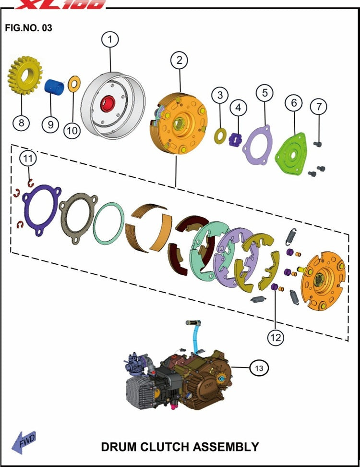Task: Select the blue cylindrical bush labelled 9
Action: click(55, 86)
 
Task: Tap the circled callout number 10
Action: click(72, 131)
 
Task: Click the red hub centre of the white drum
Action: click(108, 104)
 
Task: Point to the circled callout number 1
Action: click(110, 39)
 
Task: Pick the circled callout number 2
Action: click(179, 60)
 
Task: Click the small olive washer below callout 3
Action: click(220, 136)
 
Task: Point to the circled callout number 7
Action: click(319, 106)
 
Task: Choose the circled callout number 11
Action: click(28, 158)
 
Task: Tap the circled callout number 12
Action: click(276, 337)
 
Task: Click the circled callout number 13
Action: click(259, 368)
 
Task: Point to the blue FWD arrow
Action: click(24, 442)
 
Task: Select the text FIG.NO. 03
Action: click(29, 28)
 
